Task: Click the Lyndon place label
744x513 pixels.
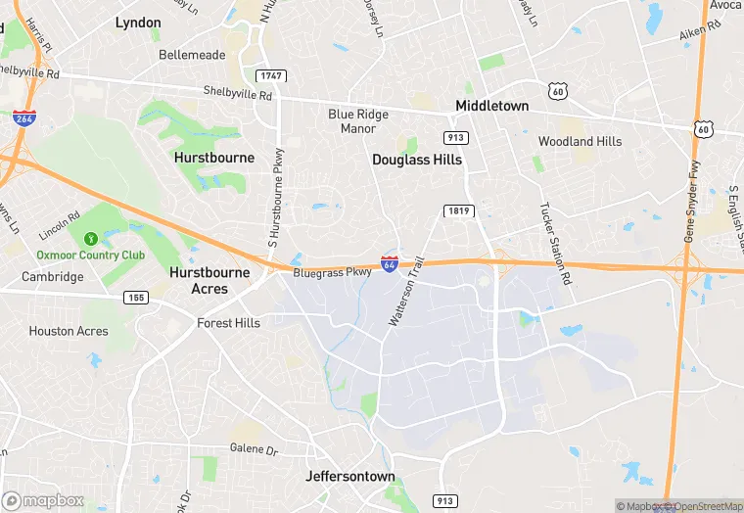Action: coord(138,22)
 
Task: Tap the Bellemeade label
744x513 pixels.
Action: coord(192,55)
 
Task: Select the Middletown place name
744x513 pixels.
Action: coord(491,106)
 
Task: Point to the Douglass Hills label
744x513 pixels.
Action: coord(416,159)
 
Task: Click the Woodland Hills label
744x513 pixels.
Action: coord(580,141)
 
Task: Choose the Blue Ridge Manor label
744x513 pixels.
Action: coord(357,121)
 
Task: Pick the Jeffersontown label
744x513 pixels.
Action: coord(350,477)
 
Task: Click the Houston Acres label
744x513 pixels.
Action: coord(69,331)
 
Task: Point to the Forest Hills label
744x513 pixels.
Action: coord(228,323)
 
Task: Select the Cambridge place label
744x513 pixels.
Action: coord(53,277)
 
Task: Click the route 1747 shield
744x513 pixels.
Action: coord(272,75)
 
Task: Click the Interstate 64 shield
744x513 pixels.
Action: coord(389,264)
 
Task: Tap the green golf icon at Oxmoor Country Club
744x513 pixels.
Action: coord(91,238)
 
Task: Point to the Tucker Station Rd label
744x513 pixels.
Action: coord(554,245)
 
